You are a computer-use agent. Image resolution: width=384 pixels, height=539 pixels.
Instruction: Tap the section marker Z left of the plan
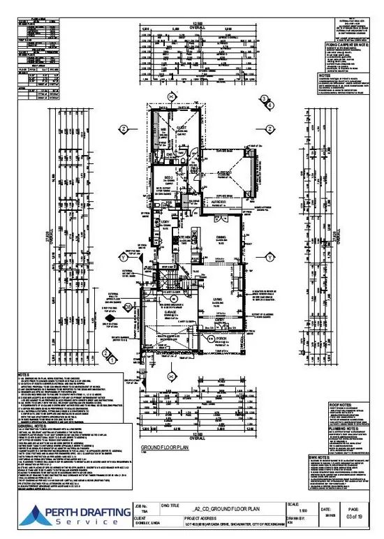(123, 129)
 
